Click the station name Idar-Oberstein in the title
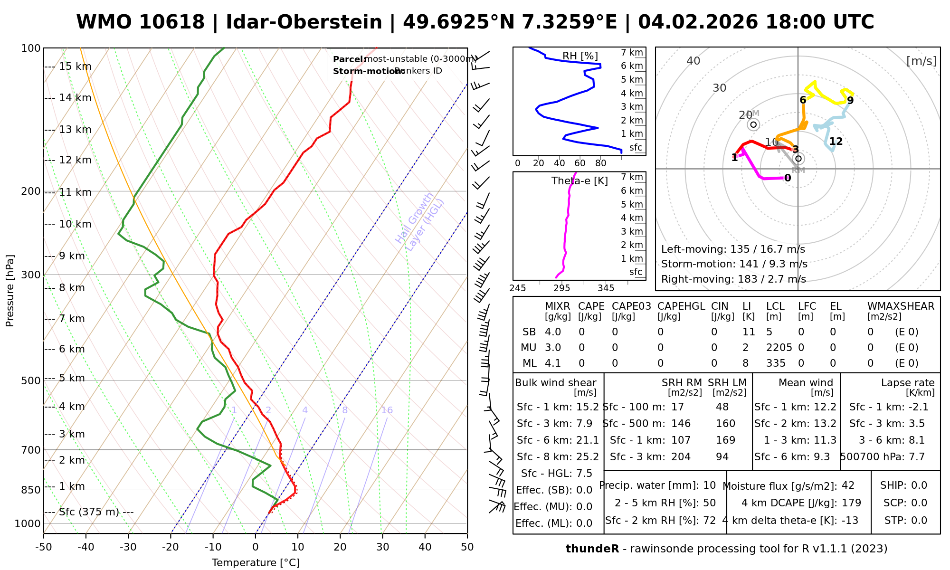(304, 22)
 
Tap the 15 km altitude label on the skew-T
(75, 66)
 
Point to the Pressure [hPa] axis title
(10, 291)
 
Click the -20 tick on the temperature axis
(171, 547)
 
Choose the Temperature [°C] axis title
(256, 563)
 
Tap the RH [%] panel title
(580, 56)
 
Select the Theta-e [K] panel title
(579, 181)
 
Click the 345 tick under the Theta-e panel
(606, 288)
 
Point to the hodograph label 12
(836, 141)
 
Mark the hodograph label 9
(850, 100)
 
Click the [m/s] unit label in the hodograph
(921, 61)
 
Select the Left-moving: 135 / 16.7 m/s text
(733, 249)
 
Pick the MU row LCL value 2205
(779, 348)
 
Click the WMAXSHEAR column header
(901, 306)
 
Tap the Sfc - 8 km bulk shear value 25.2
(588, 457)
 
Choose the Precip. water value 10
(709, 485)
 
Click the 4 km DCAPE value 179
(851, 503)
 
